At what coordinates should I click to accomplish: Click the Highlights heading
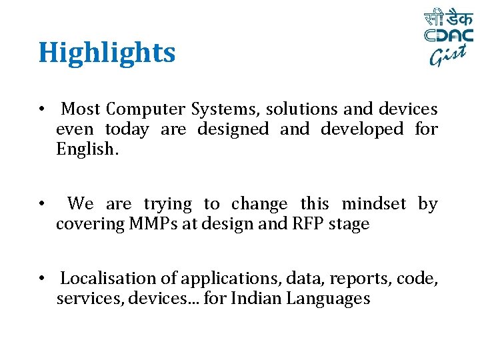pos(107,53)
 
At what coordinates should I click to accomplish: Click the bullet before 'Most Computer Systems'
pos(41,109)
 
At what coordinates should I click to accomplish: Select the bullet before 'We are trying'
pos(41,204)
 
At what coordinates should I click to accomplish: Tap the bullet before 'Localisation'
pos(41,279)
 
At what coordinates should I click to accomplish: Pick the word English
pos(87,149)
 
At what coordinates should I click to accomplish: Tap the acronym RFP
pos(308,224)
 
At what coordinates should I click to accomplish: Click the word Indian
pos(256,299)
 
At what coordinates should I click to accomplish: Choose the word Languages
pos(328,299)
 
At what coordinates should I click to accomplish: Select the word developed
pos(362,129)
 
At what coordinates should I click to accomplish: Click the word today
pos(127,129)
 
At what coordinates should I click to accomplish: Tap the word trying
pos(167,204)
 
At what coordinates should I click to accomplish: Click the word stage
pos(349,225)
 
